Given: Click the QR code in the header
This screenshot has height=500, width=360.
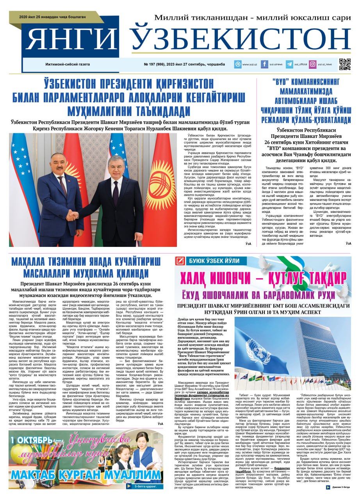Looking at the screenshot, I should tap(345, 64).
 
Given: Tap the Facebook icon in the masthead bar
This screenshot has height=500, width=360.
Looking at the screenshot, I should tap(264, 64).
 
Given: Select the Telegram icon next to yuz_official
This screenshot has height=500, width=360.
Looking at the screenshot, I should tap(289, 64).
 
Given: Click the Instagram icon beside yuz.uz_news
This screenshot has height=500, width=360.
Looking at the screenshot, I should tap(312, 64).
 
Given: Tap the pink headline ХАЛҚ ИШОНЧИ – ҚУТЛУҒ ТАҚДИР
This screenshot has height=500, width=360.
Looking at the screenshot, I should tap(263, 279).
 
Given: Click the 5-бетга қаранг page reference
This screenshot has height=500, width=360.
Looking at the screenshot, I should tap(148, 487).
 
